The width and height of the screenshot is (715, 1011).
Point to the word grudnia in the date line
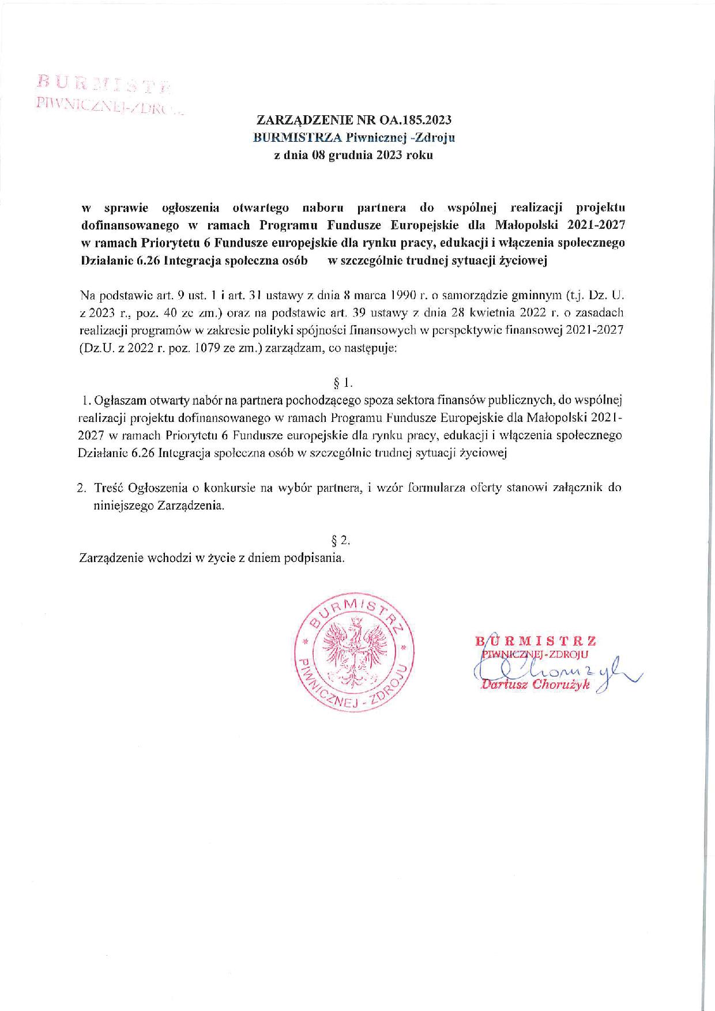(x=350, y=155)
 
